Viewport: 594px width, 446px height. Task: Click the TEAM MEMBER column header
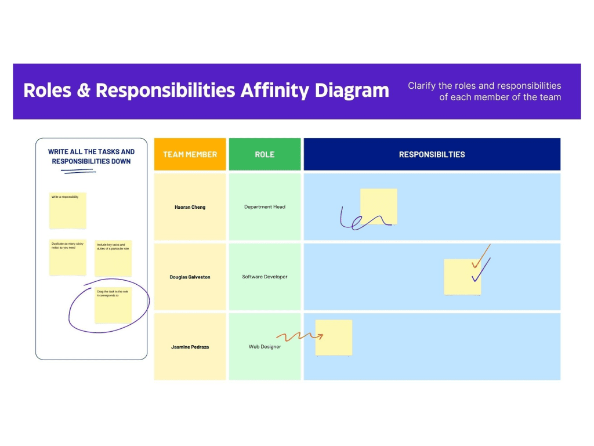(x=190, y=154)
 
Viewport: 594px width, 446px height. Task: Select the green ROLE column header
(x=265, y=154)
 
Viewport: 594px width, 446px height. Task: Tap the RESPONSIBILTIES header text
(x=432, y=154)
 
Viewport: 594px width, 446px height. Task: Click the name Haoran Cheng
(x=190, y=207)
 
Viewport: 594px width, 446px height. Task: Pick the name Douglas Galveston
(x=190, y=277)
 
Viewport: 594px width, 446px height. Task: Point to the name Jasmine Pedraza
(x=190, y=347)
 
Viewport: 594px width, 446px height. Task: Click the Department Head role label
(x=265, y=207)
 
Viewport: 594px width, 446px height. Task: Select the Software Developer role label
(x=265, y=277)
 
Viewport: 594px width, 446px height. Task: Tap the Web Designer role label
(x=265, y=347)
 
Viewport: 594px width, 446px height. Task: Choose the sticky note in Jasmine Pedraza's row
(x=334, y=338)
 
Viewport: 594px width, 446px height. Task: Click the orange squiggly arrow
(x=298, y=336)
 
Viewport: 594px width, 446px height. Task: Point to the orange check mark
(x=481, y=257)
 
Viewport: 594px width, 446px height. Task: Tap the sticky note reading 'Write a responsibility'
(x=68, y=211)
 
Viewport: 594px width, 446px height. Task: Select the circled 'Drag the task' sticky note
(x=113, y=305)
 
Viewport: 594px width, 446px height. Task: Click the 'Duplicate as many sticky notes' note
(x=68, y=258)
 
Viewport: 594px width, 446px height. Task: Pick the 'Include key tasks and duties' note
(x=113, y=258)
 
